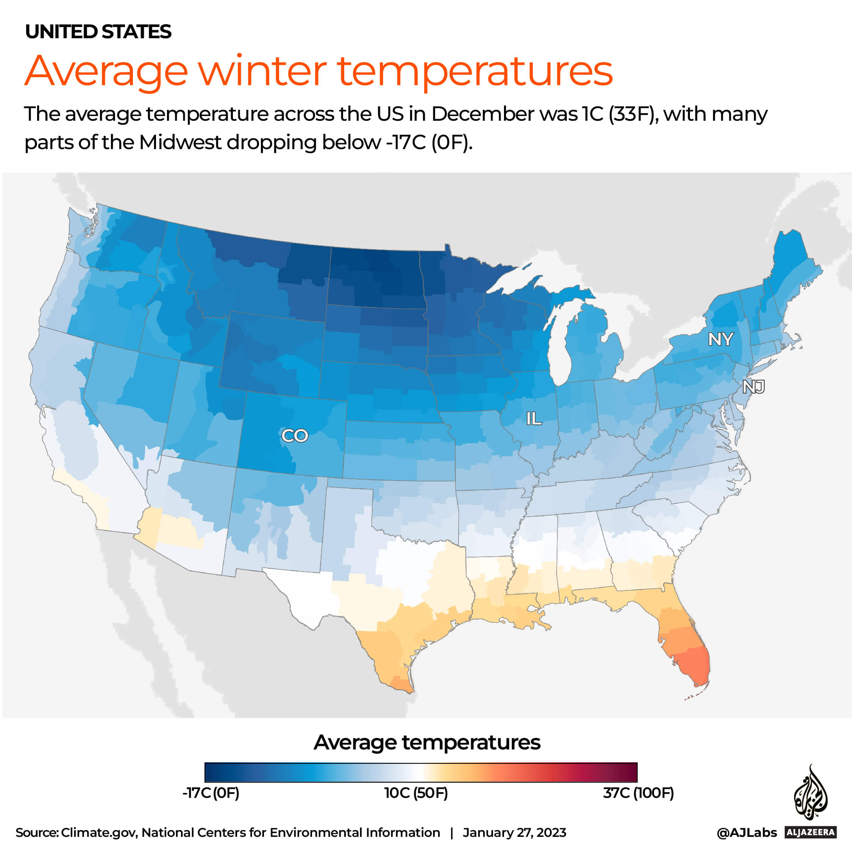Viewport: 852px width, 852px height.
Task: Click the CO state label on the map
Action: [294, 436]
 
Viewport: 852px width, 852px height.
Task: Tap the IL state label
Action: [534, 418]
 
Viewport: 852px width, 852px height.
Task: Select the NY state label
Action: [721, 339]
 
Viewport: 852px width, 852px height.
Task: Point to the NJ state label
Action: [753, 387]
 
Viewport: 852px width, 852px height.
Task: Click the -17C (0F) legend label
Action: [211, 793]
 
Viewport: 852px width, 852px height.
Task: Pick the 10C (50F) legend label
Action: [416, 793]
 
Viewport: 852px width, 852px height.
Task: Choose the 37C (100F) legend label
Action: [638, 793]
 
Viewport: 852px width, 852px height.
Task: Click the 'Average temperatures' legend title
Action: [427, 743]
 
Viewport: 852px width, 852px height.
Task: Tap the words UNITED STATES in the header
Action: [98, 32]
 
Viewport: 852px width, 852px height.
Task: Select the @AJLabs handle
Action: [747, 833]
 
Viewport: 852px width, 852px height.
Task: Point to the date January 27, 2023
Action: [514, 833]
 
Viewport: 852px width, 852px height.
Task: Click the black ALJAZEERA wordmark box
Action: [810, 832]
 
